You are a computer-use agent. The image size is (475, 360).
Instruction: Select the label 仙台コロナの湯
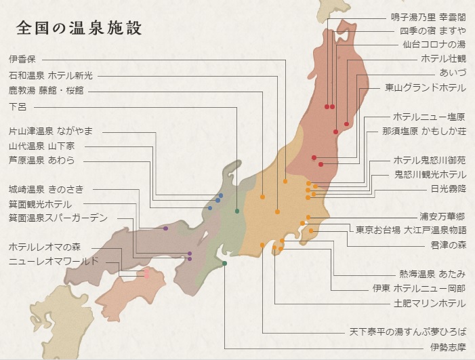tap(434, 45)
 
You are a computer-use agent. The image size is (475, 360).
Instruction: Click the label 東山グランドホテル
tap(425, 87)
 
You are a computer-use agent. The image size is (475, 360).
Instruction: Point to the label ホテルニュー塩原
tap(429, 117)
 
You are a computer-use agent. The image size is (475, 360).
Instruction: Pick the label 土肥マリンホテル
tap(430, 303)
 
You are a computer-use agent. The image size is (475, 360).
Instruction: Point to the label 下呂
tap(17, 106)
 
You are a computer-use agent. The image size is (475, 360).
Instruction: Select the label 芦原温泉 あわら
tap(42, 160)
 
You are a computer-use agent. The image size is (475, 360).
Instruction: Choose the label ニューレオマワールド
tap(54, 261)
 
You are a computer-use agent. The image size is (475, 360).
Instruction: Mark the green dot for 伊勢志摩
tap(224, 263)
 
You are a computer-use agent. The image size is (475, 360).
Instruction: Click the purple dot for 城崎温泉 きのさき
tap(165, 228)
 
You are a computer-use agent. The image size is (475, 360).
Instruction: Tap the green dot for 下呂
tap(236, 212)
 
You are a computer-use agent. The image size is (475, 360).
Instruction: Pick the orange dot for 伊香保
tap(285, 182)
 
